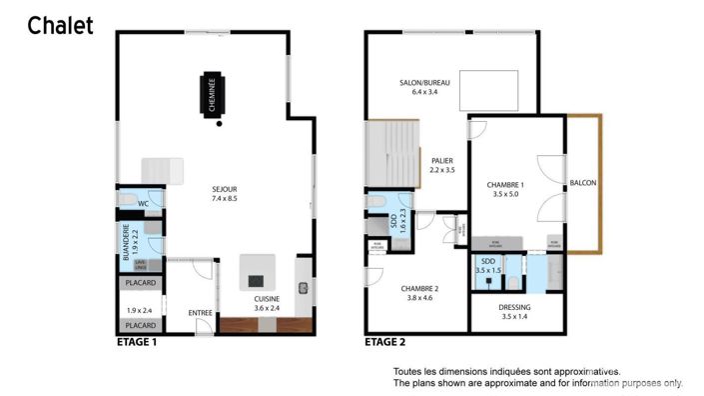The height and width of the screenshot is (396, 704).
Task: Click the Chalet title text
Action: point(60,26)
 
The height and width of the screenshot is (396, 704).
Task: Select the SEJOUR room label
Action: point(224,188)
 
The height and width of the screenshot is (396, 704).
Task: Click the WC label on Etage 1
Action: point(143,204)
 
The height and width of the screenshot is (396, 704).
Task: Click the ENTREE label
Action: point(200,314)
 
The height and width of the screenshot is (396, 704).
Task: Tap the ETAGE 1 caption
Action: point(137,342)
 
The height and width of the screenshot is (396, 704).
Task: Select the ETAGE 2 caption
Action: point(384,342)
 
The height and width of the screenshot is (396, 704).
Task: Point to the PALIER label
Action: point(442,160)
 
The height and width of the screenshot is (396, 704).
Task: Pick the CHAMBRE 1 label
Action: point(505,185)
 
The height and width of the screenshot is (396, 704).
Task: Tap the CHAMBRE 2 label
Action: point(422,288)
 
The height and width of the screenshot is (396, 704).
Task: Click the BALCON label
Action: point(582,183)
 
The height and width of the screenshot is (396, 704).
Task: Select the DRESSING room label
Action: point(515,307)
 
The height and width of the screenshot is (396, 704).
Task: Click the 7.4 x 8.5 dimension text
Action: point(224,198)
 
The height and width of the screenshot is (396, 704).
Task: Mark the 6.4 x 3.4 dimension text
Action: point(425,92)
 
